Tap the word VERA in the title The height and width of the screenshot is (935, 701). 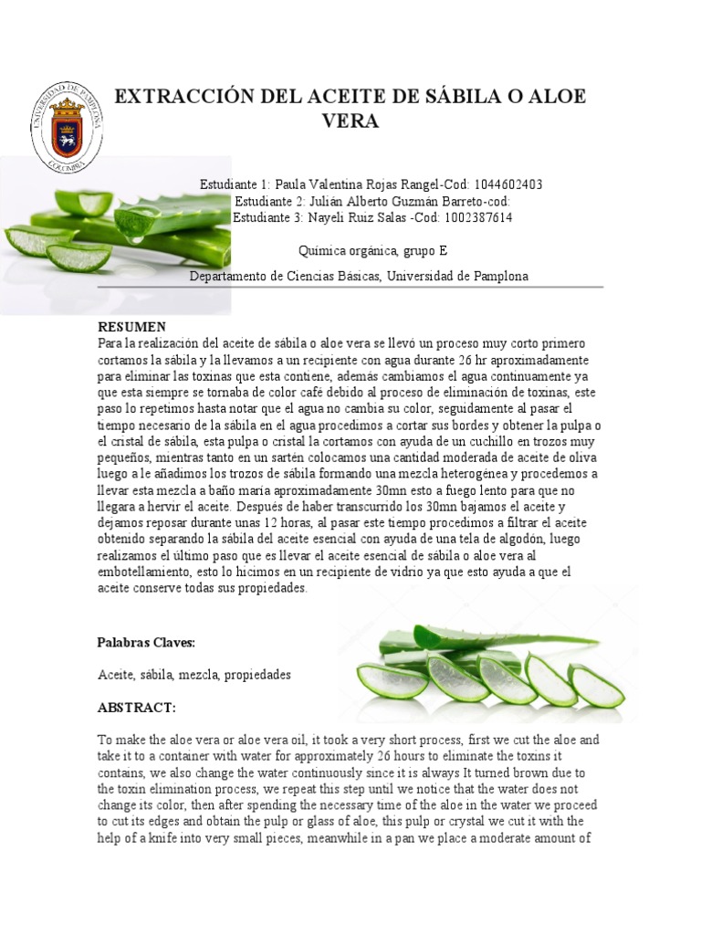(351, 121)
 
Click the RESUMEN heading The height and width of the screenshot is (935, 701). (131, 326)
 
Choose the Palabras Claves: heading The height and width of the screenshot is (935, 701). (146, 643)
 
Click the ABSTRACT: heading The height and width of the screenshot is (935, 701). (136, 708)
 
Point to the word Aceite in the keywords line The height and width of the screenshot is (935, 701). (116, 675)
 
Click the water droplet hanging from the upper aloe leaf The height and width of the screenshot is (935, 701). (139, 236)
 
